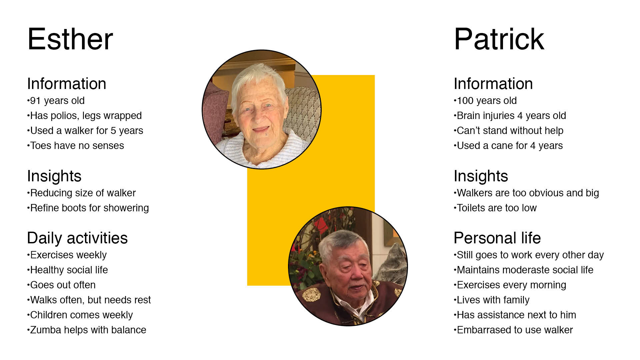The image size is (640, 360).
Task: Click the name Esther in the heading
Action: click(x=70, y=39)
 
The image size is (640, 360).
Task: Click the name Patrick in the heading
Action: click(x=499, y=39)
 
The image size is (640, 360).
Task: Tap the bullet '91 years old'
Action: click(x=56, y=101)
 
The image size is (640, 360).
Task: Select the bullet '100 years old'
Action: click(x=485, y=101)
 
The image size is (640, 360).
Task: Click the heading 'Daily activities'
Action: click(x=77, y=238)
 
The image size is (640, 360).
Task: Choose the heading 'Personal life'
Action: click(x=497, y=238)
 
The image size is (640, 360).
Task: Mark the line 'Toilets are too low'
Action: click(x=495, y=208)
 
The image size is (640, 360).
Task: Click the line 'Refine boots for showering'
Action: click(x=88, y=208)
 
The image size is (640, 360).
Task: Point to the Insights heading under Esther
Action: click(x=54, y=176)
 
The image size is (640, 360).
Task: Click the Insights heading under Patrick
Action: click(x=481, y=176)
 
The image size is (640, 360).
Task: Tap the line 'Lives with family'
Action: click(x=492, y=300)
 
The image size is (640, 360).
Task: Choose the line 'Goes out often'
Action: click(x=62, y=285)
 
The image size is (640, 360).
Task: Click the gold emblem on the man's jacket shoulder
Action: click(x=312, y=295)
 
